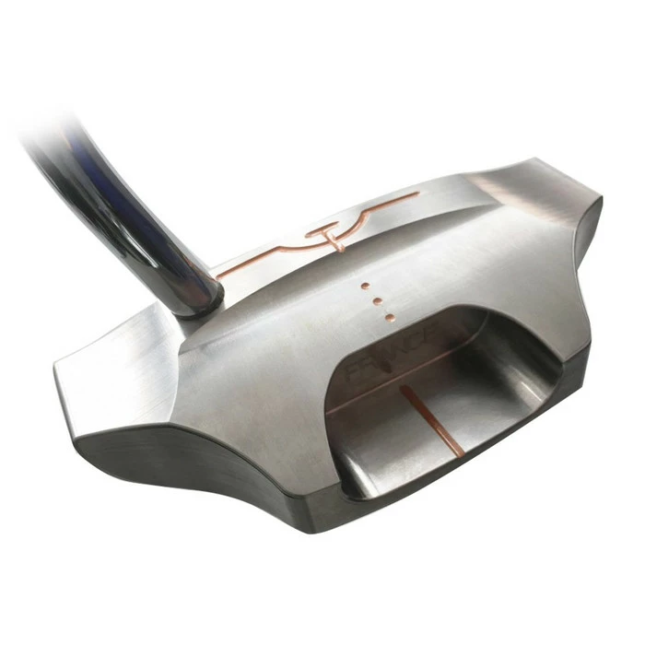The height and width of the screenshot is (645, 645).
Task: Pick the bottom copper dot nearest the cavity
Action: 389,317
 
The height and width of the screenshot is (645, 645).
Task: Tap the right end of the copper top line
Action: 416,194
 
